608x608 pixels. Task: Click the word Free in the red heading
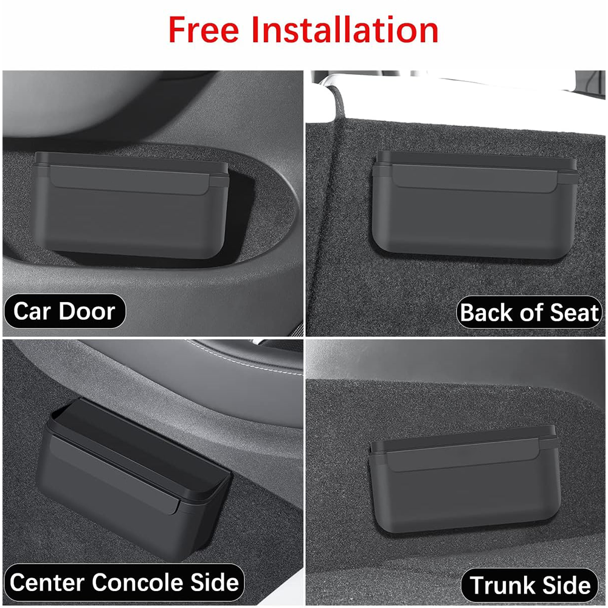click(204, 30)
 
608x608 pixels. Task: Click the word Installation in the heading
click(345, 30)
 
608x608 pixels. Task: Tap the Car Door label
click(64, 311)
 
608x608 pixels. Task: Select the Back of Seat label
click(530, 313)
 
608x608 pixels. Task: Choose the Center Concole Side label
click(124, 582)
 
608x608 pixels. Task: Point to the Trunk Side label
click(530, 585)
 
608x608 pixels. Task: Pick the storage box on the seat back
click(475, 204)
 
